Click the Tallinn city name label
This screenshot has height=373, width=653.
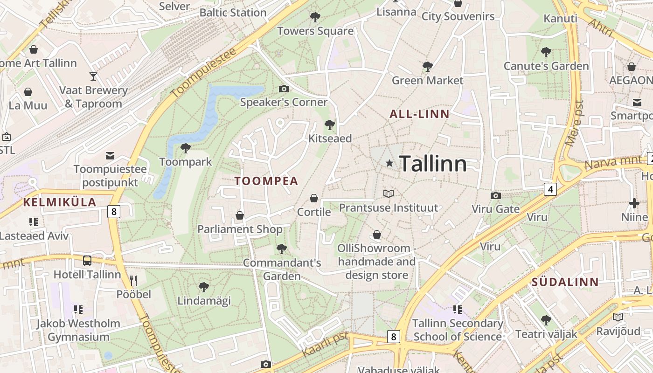click(x=433, y=164)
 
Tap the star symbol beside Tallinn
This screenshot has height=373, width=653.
click(x=389, y=163)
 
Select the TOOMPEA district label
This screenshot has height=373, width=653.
click(x=266, y=181)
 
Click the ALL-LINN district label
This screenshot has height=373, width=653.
click(x=419, y=114)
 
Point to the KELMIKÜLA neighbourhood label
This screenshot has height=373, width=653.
click(x=60, y=202)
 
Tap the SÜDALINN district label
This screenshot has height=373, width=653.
click(x=565, y=282)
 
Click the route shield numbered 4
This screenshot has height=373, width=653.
click(x=550, y=189)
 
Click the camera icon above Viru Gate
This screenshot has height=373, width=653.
click(x=495, y=196)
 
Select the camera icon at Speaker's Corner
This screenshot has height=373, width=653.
click(x=284, y=89)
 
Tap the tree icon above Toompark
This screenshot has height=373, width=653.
click(x=185, y=148)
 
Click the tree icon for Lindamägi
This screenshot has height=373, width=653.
click(x=204, y=287)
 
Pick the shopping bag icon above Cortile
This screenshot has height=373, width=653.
click(x=314, y=199)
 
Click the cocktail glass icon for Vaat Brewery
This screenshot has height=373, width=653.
click(x=93, y=76)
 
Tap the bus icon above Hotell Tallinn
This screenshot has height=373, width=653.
click(x=87, y=261)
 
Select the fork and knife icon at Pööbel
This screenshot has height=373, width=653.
click(x=133, y=280)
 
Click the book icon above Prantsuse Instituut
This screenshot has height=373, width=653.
click(x=388, y=193)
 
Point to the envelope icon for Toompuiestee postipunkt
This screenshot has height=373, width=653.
click(x=110, y=155)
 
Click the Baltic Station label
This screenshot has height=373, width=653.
click(x=233, y=13)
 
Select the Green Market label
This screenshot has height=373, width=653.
click(x=427, y=80)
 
